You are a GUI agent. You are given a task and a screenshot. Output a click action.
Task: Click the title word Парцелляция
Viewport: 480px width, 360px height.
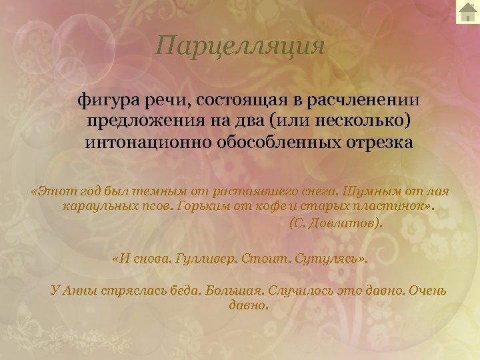click(240, 46)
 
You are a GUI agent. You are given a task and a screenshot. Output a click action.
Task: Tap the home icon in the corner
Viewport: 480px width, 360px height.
click(467, 12)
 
